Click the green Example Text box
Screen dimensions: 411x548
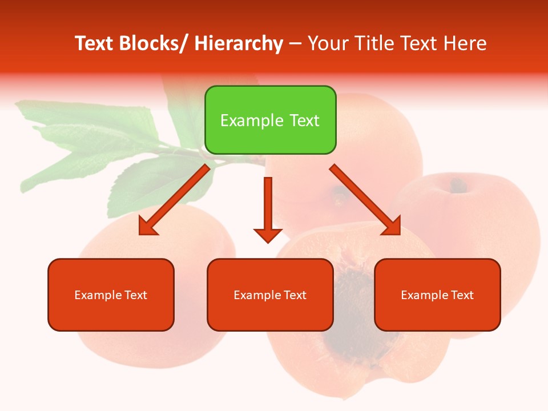pos(270,120)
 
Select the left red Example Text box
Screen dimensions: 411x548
pos(111,295)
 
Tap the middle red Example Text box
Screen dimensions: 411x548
pos(270,295)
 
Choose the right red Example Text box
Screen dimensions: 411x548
pos(437,295)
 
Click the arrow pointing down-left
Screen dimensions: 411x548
pos(174,200)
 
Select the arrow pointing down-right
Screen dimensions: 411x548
pos(365,200)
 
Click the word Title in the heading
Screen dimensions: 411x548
pos(373,43)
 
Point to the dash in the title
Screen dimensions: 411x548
pos(295,44)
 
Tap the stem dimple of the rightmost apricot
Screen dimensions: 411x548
pos(457,185)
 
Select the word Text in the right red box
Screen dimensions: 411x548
pos(462,295)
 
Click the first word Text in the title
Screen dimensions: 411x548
pos(95,43)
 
